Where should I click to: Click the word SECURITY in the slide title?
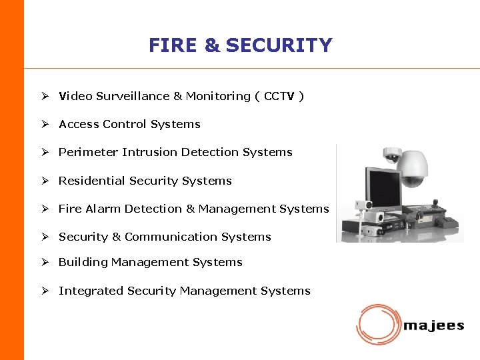tap(279, 45)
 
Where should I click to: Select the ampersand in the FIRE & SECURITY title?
tap(212, 45)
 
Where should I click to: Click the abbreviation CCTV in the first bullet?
tap(279, 96)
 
